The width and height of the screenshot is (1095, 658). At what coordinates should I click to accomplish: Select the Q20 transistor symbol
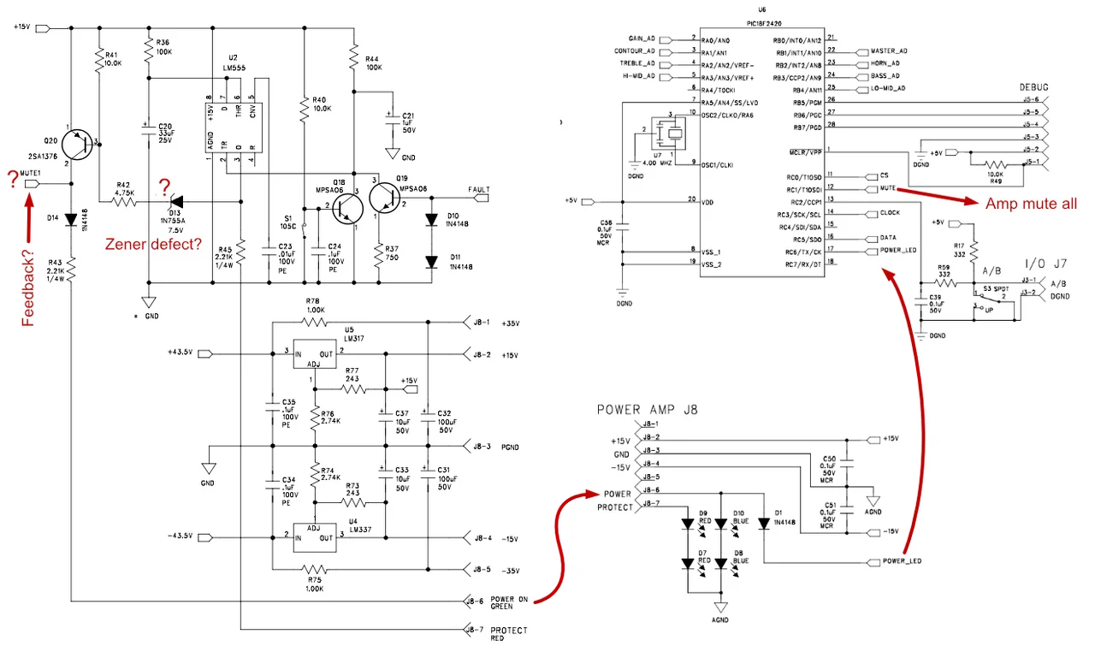point(82,143)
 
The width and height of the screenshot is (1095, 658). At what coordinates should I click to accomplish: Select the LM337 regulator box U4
point(313,537)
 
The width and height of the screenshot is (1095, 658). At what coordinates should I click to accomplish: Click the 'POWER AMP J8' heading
point(648,410)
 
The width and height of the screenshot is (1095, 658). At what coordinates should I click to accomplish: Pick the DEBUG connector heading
point(1033,87)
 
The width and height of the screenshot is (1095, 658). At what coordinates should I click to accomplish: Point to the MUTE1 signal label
point(31,173)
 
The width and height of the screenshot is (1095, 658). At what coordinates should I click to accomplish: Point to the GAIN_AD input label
point(642,39)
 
